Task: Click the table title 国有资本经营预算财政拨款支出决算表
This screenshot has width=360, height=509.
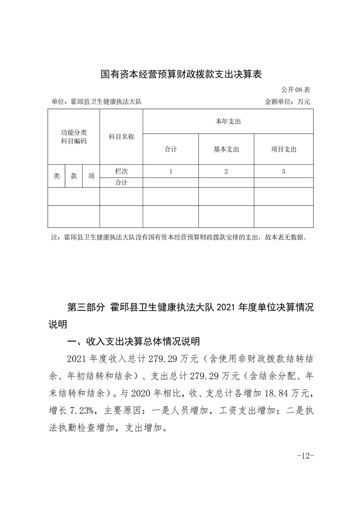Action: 181,73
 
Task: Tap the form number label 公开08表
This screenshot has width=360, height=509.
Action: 295,89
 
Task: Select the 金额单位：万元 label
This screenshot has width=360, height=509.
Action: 287,102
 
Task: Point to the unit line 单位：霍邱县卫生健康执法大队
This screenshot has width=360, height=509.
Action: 97,102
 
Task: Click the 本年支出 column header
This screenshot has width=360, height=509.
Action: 228,122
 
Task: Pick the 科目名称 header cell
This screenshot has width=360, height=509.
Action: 121,137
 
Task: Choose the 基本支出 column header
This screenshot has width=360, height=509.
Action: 226,149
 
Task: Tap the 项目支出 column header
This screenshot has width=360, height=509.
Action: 283,149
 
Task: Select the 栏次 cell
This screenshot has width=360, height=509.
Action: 121,171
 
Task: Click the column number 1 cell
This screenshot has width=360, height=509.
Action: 171,171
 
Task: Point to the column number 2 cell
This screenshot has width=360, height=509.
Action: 226,171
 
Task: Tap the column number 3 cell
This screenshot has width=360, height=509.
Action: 283,171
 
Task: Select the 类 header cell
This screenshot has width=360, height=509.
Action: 56,176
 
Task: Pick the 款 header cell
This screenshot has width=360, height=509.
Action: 74,176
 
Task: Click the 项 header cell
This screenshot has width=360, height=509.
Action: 91,176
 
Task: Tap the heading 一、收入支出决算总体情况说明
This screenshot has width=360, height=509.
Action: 133,341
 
